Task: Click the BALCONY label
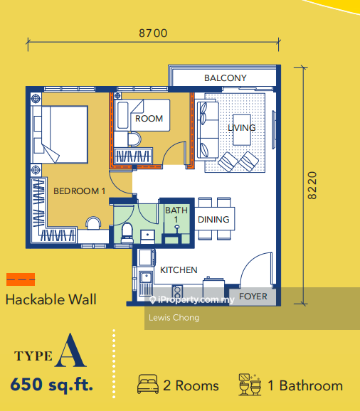pos(226,78)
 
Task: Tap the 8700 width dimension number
pos(153,33)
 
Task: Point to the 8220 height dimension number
pos(312,186)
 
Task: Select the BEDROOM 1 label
pos(80,191)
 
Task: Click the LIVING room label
pos(241,128)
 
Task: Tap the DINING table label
pos(213,220)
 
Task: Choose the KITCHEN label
pos(179,270)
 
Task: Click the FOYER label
pos(253,297)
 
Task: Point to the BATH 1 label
pos(176,215)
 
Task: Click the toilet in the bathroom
pos(127,233)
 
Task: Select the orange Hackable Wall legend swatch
pos(21,279)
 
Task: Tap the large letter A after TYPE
pos(70,351)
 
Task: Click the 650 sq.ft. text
pos(52,385)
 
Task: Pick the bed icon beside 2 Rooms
pos(148,384)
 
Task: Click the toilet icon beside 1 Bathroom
pos(250,385)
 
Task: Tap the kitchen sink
pos(146,277)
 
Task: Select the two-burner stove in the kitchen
pos(177,292)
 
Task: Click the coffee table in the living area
pos(242,129)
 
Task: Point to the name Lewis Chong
pos(174,318)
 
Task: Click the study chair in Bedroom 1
pos(93,223)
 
